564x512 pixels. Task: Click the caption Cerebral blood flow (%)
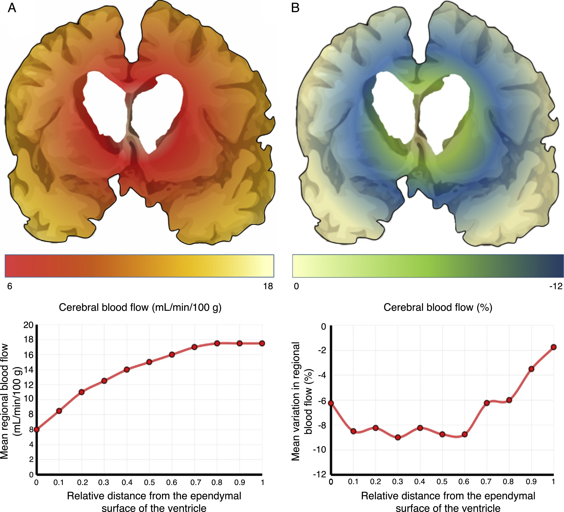(438, 307)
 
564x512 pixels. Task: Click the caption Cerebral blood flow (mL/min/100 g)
(140, 307)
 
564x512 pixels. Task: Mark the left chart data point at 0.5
(149, 362)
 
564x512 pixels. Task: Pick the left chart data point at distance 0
(37, 430)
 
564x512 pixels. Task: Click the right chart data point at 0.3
(398, 437)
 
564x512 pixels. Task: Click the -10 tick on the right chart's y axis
(319, 450)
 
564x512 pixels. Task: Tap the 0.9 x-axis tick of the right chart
(531, 482)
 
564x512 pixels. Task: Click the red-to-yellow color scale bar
(139, 266)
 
